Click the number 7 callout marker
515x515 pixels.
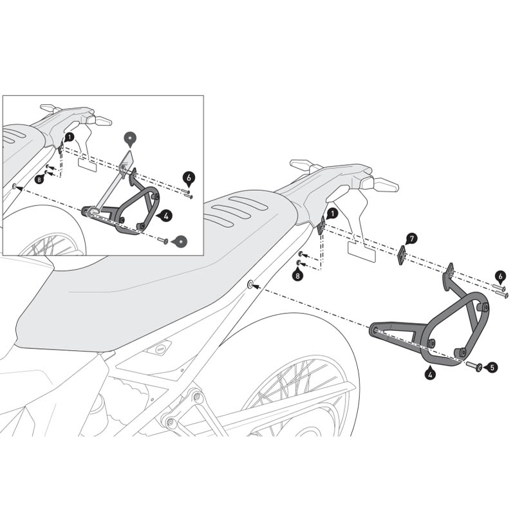coord(412,239)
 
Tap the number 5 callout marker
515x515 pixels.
coord(492,367)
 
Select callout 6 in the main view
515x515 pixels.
coord(500,276)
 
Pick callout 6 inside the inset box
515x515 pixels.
coord(188,176)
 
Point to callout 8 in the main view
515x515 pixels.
coord(297,276)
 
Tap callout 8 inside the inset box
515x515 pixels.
coord(40,180)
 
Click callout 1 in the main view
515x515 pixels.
coord(332,212)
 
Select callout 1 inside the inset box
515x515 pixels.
coord(69,136)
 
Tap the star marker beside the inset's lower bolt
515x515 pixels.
coord(182,241)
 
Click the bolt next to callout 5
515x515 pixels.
coord(475,366)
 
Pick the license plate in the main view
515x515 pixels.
coord(361,251)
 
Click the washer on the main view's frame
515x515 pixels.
coord(250,284)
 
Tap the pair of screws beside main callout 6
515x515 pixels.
coord(500,291)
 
